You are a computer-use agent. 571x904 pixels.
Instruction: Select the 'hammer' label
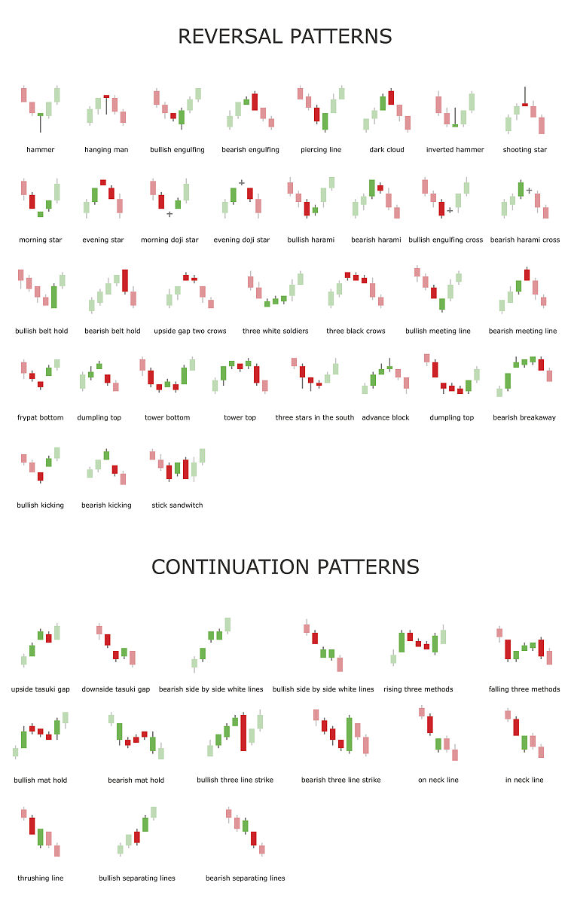[41, 150]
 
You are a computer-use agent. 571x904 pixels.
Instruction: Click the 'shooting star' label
[524, 150]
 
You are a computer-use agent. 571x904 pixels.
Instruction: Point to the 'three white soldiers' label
[275, 331]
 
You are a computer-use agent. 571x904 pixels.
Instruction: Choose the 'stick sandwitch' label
[177, 505]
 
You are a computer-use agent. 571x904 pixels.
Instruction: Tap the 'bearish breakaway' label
[524, 417]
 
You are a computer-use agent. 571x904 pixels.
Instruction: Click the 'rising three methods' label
[418, 689]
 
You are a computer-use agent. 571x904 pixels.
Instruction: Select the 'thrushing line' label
[41, 878]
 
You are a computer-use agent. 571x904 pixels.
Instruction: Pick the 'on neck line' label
[438, 780]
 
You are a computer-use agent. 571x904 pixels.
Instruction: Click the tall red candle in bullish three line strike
[243, 732]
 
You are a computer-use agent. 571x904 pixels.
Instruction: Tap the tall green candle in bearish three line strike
[349, 734]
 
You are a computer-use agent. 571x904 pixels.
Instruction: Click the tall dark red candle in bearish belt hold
[125, 280]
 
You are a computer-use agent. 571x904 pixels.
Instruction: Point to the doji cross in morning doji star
[169, 214]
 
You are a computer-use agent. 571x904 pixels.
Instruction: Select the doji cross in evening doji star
[241, 183]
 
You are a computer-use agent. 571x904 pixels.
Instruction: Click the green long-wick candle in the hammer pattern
[41, 121]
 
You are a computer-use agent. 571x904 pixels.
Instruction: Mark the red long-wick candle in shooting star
[525, 98]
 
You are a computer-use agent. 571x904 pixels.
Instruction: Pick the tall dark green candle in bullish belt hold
[54, 297]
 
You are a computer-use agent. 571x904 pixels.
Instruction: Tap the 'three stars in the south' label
[315, 417]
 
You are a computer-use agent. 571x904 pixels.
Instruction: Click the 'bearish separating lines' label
[246, 878]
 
